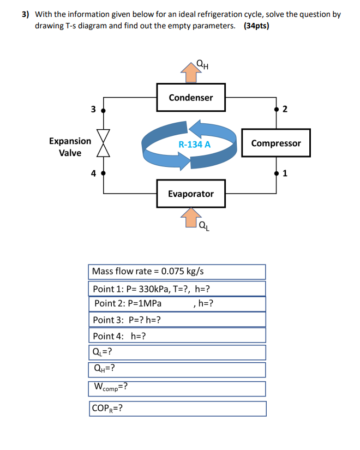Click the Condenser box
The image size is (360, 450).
click(191, 98)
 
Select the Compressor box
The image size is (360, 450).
click(276, 143)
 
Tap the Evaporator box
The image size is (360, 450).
click(191, 194)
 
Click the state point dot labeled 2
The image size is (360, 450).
click(276, 110)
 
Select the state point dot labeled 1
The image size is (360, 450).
click(276, 174)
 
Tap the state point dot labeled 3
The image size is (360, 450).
click(104, 110)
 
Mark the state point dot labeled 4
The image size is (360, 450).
click(104, 174)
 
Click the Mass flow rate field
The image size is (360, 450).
click(177, 271)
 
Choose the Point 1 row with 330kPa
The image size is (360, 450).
click(177, 288)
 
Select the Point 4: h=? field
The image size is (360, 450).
click(177, 335)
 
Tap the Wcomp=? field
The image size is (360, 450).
click(177, 388)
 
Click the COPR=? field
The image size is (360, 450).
click(177, 409)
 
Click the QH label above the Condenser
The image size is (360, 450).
click(202, 68)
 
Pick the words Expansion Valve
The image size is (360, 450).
click(70, 147)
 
